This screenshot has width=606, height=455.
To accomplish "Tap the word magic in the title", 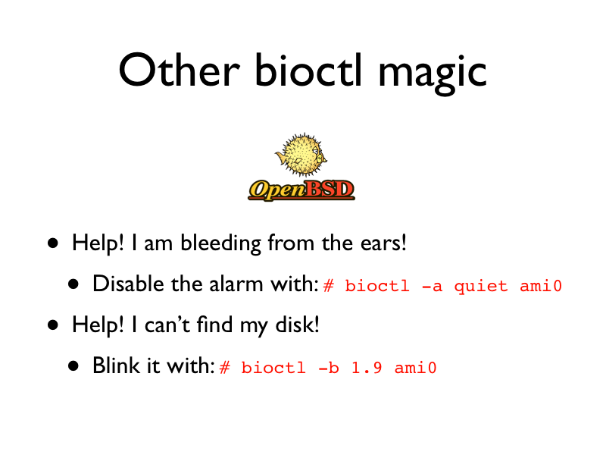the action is click(432, 74).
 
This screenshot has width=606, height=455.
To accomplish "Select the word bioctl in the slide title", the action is click(308, 70).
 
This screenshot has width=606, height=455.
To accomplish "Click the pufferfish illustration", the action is click(301, 155).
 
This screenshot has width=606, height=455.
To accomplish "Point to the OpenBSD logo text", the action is click(301, 190).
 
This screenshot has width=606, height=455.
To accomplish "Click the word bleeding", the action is click(220, 243).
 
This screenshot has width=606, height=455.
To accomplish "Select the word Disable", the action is click(128, 284).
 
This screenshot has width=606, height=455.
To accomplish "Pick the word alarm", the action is click(236, 284).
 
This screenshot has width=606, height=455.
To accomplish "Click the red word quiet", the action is click(481, 287).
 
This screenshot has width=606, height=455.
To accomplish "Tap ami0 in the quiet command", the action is click(541, 286).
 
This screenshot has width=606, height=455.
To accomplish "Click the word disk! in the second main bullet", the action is click(297, 325).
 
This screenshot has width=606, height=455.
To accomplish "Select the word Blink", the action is click(117, 366).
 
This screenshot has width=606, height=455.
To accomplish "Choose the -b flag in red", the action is click(329, 368).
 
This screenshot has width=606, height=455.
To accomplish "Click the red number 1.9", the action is click(367, 368).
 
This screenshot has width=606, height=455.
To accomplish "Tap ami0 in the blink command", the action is click(415, 368).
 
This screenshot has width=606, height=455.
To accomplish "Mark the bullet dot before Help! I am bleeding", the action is click(53, 243).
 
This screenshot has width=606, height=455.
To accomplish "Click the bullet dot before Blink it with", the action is click(73, 366).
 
